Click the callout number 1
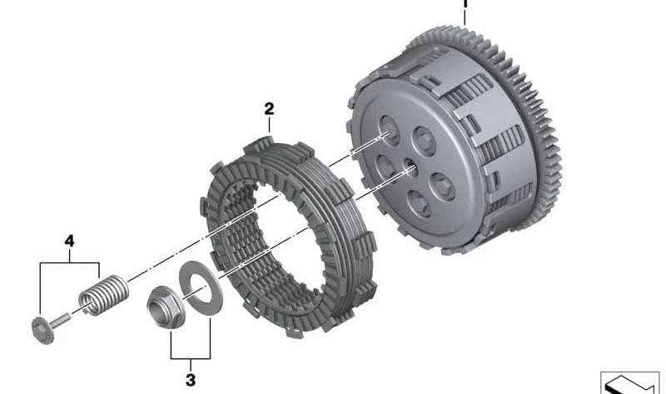465,3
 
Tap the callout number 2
269,109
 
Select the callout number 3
191,380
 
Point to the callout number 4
69,241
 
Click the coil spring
103,295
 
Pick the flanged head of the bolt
43,330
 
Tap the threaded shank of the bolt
62,319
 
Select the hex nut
166,307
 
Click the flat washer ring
201,288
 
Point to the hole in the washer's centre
201,288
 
